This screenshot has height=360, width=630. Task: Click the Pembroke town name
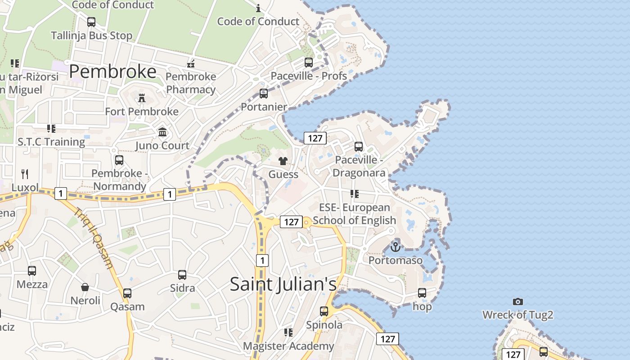click(112, 72)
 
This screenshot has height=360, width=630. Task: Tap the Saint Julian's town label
click(283, 284)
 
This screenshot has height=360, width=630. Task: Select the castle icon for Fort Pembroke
click(142, 98)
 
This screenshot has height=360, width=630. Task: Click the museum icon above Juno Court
click(162, 132)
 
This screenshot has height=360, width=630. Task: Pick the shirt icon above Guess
click(283, 161)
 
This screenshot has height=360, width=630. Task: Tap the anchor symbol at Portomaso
click(395, 247)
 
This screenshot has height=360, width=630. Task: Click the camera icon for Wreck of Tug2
click(518, 301)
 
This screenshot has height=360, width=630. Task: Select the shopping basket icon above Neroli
click(85, 287)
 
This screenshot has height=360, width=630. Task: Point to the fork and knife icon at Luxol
click(25, 174)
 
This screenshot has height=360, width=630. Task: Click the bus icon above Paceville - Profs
click(309, 63)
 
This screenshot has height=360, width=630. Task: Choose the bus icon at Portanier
click(264, 94)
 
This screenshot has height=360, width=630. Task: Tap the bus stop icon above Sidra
click(182, 275)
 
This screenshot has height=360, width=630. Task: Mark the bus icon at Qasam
click(127, 293)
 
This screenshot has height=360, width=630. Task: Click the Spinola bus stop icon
click(324, 311)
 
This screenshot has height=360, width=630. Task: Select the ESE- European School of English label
click(354, 214)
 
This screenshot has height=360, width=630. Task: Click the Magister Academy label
click(288, 346)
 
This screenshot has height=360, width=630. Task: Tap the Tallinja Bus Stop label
click(91, 36)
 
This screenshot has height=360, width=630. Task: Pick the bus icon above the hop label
click(422, 293)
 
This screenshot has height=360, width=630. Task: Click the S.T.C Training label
click(51, 142)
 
